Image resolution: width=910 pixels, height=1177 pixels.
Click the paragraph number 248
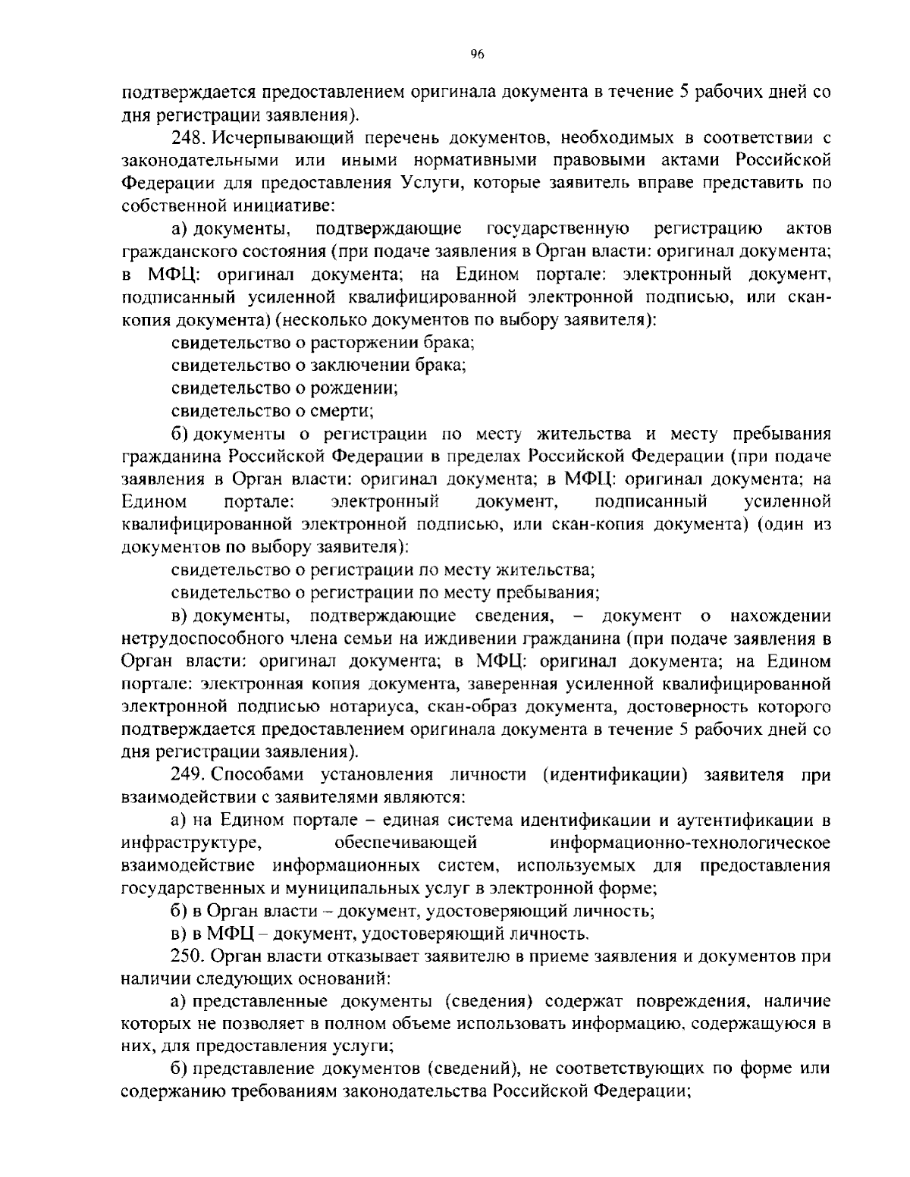click(187, 138)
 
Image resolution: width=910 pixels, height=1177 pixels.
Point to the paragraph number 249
click(187, 774)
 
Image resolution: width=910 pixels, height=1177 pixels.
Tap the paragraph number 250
click(187, 956)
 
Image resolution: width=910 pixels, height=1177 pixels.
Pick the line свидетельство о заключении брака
click(318, 365)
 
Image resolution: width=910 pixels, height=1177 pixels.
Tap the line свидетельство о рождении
click(285, 388)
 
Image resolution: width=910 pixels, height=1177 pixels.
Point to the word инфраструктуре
click(193, 843)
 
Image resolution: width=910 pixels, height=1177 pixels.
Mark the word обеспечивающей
click(405, 843)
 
